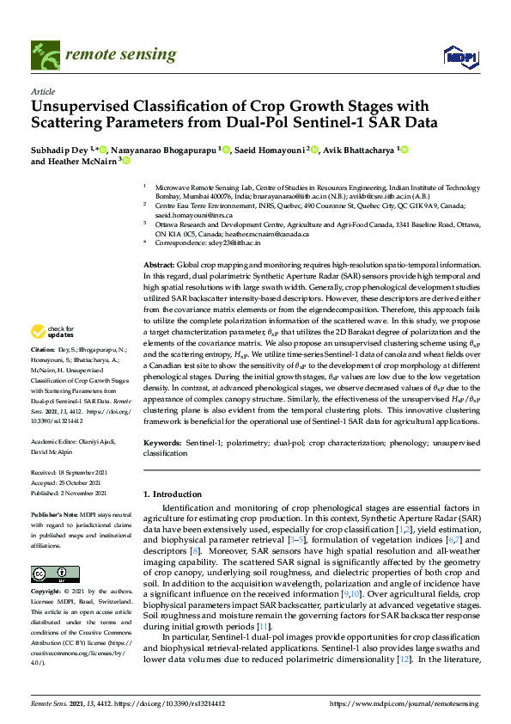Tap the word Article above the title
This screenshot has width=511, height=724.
tap(42, 91)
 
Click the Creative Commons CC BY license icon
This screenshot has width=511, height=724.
tap(48, 573)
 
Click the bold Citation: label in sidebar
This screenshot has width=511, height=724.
tap(42, 376)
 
